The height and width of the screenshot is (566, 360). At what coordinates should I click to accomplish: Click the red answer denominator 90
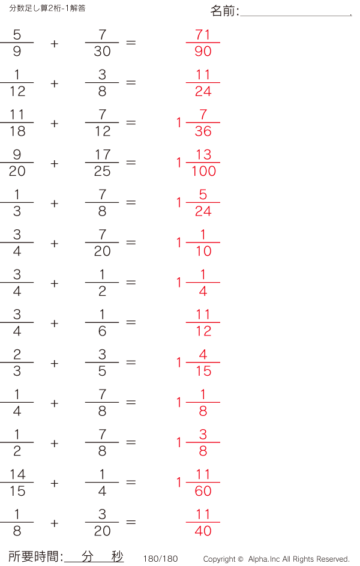coord(203,51)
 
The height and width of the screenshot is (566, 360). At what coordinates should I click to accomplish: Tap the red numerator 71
coord(203,35)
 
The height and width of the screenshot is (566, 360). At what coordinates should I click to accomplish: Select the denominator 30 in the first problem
coord(102,51)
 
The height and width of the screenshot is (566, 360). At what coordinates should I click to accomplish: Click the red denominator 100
coord(203,171)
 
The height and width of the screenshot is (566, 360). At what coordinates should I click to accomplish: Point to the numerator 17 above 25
coord(103,154)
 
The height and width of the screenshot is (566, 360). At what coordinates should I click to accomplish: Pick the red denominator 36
coord(203,131)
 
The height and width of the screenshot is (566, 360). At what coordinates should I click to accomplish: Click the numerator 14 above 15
coord(17,474)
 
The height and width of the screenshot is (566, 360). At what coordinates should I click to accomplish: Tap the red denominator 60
coord(203,491)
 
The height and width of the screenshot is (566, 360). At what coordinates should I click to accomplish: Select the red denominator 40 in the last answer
coord(203,531)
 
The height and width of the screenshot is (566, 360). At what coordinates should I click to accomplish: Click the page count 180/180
coord(161,559)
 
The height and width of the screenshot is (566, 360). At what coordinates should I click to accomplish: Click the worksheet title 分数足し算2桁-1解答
coord(47,8)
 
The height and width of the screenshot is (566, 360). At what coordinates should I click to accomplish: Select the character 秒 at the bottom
coord(117,556)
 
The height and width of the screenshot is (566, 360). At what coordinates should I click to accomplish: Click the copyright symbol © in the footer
coord(241,559)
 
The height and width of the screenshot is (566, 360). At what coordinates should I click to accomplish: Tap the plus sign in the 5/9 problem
coord(55,44)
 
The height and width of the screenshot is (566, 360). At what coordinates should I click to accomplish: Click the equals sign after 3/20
coord(131,522)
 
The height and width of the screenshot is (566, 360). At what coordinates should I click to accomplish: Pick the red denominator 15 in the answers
coord(203,371)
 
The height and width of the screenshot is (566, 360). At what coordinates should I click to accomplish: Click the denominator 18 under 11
coord(17,131)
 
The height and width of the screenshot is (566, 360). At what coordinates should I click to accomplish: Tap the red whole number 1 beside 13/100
coord(179,163)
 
